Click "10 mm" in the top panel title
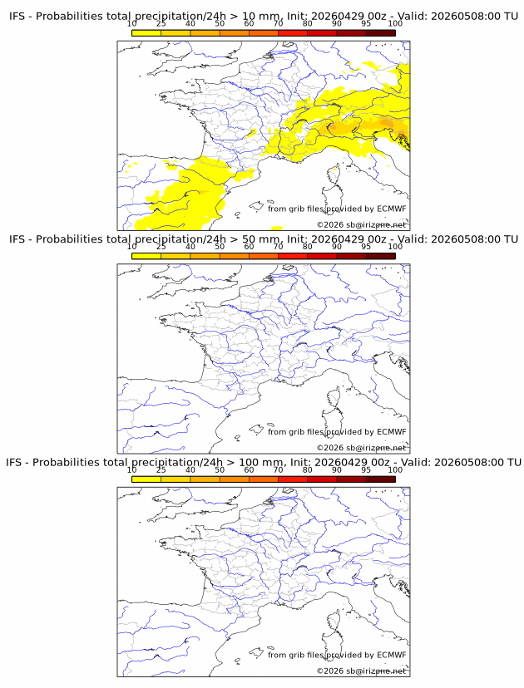point(261,17)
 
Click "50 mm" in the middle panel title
point(261,239)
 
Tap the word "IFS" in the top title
point(17,17)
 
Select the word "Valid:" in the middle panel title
point(413,239)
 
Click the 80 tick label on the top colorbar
point(308,24)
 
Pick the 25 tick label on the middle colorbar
point(161,247)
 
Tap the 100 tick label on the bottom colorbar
point(395,470)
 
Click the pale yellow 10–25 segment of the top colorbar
point(146,32)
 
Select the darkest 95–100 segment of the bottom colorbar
point(380,479)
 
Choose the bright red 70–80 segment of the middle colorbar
point(293,256)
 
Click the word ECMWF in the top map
point(392,209)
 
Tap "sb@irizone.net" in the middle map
point(376,448)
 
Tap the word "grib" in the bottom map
point(298,656)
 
